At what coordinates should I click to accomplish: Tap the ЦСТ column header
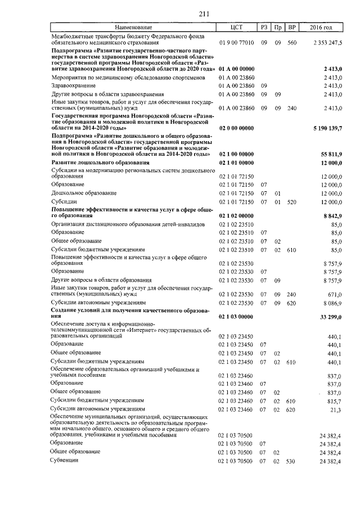coord(236,28)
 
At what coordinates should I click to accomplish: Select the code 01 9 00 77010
coord(236,42)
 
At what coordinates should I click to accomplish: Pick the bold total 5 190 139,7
coord(327,128)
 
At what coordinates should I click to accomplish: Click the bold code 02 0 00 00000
coord(236,128)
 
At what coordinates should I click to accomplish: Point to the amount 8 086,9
coord(332,303)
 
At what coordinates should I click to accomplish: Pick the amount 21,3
coord(336,409)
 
